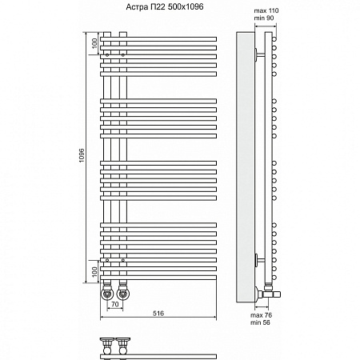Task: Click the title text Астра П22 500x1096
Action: (x=165, y=6)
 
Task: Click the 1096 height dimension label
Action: (x=82, y=155)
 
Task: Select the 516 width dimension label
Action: (x=158, y=313)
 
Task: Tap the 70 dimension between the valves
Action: (x=115, y=304)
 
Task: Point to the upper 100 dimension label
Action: (x=94, y=43)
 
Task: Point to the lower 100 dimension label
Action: (x=94, y=272)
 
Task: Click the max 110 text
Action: (x=266, y=10)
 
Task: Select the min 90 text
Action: (x=264, y=18)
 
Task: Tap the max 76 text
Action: (x=261, y=315)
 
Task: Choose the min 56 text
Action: (x=260, y=322)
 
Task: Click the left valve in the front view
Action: (x=107, y=293)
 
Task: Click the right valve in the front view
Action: (x=123, y=293)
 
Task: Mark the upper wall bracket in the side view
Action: (x=259, y=55)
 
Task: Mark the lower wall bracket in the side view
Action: (x=259, y=260)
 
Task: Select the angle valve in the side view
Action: (x=267, y=293)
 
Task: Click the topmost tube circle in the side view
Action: (x=274, y=39)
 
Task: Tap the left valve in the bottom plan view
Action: (x=107, y=346)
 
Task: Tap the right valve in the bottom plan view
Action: (x=123, y=346)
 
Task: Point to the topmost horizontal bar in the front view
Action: (x=158, y=39)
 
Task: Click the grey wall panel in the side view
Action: (x=246, y=167)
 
